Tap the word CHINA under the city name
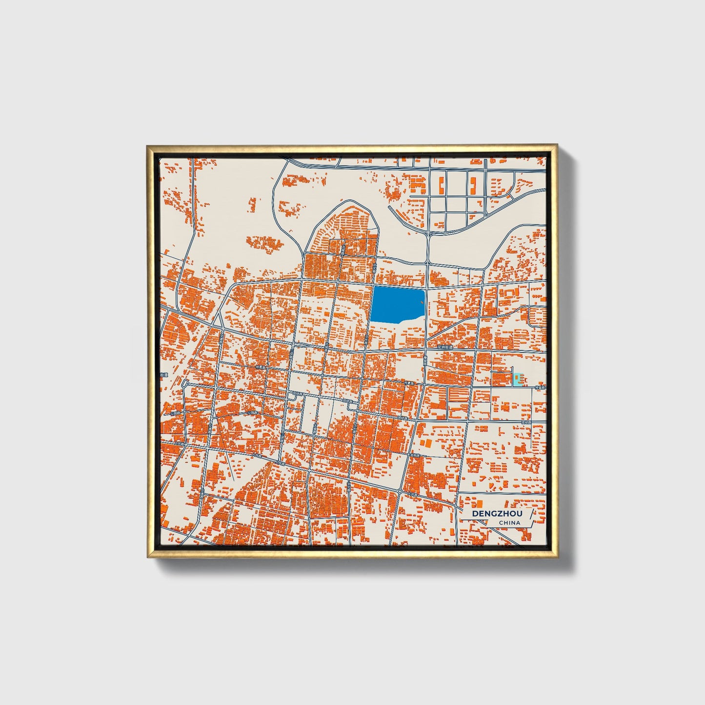pyautogui.click(x=509, y=523)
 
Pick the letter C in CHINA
pyautogui.click(x=501, y=523)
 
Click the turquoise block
pyautogui.click(x=517, y=380)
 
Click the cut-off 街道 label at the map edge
pyautogui.click(x=164, y=375)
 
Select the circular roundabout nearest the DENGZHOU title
pyautogui.click(x=400, y=490)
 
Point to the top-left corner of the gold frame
pyautogui.click(x=147, y=145)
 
